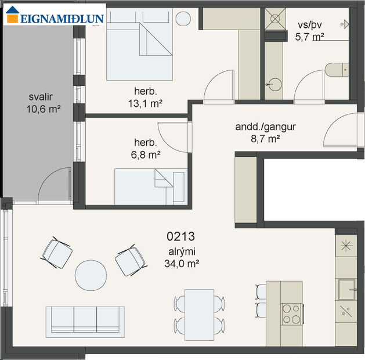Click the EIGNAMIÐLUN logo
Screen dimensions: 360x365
pos(55,18)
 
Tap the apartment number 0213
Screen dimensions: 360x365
pos(180,237)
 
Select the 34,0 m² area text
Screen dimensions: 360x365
pos(182,263)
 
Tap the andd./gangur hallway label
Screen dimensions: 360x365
pos(258,127)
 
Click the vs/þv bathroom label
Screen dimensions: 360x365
pos(309,25)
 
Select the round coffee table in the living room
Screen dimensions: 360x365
pos(91,275)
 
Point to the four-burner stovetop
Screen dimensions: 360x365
pos(292,314)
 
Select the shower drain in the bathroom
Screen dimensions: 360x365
pos(273,18)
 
